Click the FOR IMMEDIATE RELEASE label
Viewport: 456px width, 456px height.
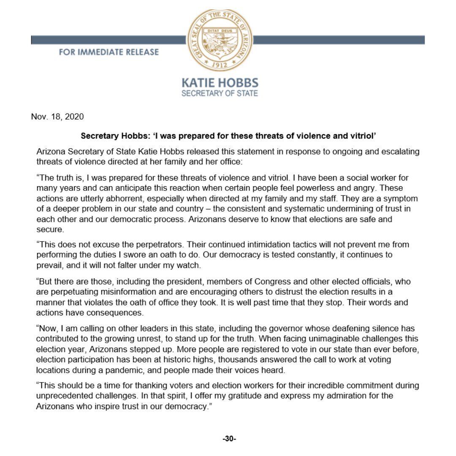(x=109, y=52)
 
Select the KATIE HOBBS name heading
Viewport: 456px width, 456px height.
(x=220, y=83)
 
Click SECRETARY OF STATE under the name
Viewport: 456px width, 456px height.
(x=220, y=93)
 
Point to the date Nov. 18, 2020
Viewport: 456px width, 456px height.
(x=57, y=116)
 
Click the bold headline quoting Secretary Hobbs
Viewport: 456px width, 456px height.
(x=228, y=137)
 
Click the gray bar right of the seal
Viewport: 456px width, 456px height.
(x=338, y=40)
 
